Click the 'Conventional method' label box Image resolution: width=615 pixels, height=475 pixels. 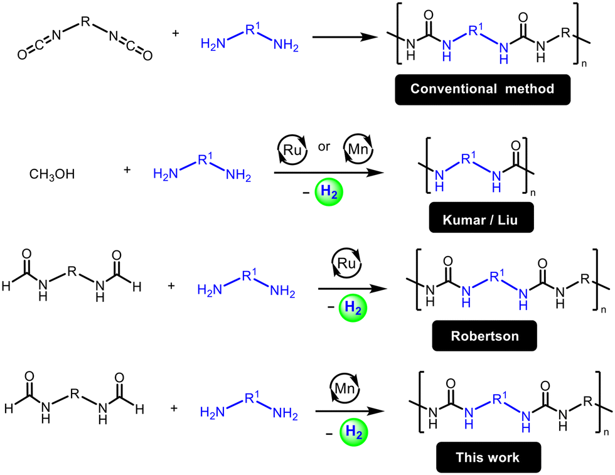(x=483, y=90)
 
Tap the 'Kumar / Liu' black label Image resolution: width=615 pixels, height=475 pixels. (x=481, y=218)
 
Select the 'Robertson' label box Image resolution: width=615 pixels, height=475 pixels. (x=484, y=336)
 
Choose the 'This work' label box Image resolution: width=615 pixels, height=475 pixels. (x=488, y=457)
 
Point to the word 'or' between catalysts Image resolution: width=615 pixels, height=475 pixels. (x=324, y=147)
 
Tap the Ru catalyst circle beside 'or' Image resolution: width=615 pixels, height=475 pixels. (x=292, y=149)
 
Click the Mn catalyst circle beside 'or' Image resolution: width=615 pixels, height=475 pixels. (x=358, y=149)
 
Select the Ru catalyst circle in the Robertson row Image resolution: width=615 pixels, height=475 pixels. (x=346, y=263)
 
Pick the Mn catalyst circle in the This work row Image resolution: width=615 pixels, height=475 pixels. (x=345, y=388)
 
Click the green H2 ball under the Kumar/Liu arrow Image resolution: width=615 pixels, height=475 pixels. (x=329, y=192)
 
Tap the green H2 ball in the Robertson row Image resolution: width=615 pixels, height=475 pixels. (x=353, y=308)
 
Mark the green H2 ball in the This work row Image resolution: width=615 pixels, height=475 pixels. (x=353, y=432)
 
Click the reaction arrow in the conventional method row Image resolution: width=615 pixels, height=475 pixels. (x=345, y=37)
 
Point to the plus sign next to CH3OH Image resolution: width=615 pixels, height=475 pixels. (x=127, y=170)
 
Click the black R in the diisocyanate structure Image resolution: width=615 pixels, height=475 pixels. (x=85, y=21)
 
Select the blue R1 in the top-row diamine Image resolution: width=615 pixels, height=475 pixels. (x=252, y=29)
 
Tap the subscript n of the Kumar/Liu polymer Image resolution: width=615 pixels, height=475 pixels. (x=533, y=193)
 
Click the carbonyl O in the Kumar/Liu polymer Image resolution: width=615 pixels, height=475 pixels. (x=515, y=146)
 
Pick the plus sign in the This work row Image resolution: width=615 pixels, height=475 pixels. (x=174, y=408)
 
